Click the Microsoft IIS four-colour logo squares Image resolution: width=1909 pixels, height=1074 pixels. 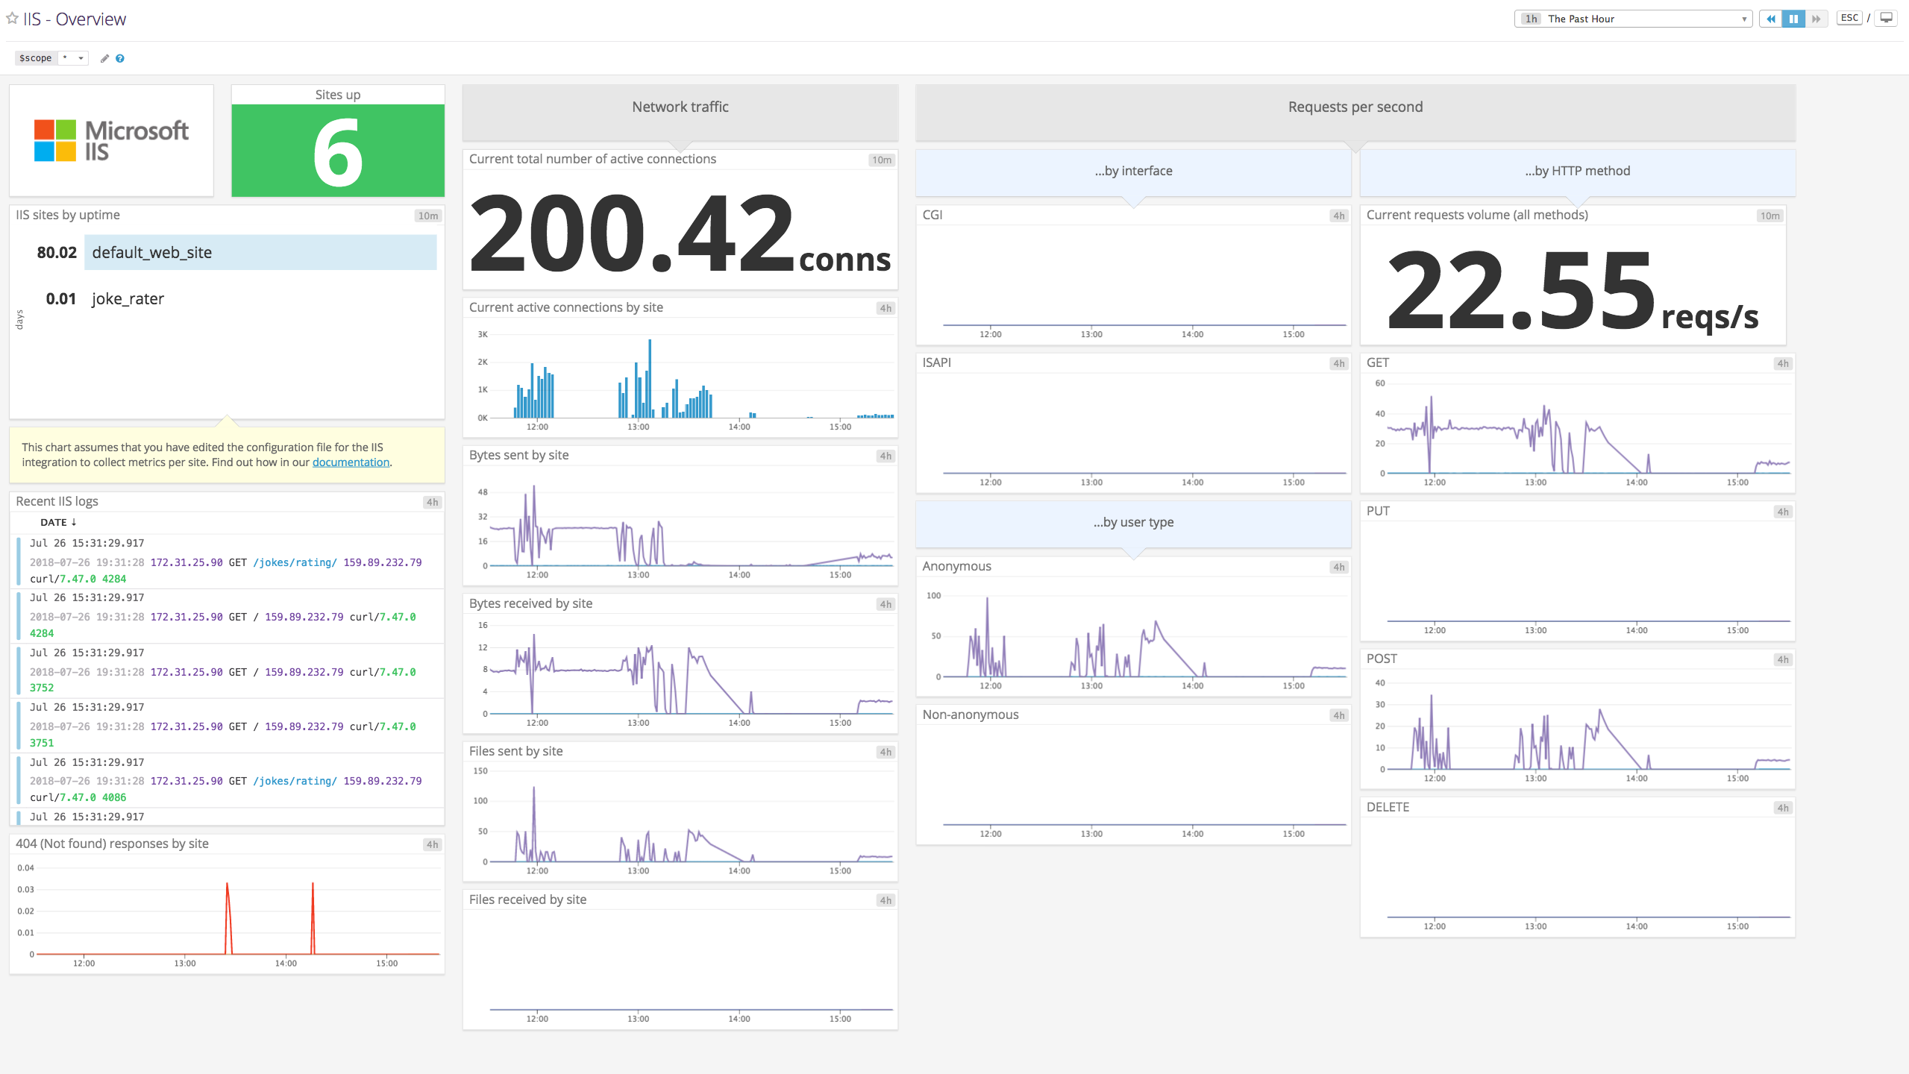coord(55,140)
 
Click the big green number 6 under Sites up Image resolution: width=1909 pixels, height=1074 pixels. coord(338,155)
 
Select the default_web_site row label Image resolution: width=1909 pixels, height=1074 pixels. coord(152,252)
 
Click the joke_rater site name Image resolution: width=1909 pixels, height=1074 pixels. coord(128,299)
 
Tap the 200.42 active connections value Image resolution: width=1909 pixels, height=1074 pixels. coord(631,233)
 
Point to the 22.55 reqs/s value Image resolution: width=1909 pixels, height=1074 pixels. coord(1520,291)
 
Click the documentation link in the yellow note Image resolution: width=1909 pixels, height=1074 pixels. coord(351,462)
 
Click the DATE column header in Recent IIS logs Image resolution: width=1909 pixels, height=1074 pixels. coord(54,522)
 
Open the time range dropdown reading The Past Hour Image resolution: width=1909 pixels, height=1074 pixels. coord(1634,19)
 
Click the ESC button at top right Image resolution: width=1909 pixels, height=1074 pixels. coord(1849,18)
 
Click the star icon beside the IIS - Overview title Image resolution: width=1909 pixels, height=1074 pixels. coord(12,18)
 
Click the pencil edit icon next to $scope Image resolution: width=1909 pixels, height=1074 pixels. coord(104,58)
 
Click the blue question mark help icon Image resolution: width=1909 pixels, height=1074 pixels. coord(120,58)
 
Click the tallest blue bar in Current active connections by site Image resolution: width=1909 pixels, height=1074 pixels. coord(650,377)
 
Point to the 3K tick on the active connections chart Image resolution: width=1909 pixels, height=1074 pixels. coord(483,334)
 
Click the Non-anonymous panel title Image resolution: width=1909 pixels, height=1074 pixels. coord(970,715)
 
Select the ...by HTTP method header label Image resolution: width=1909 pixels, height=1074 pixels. coord(1577,171)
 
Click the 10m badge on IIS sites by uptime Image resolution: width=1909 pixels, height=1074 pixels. coord(428,216)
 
